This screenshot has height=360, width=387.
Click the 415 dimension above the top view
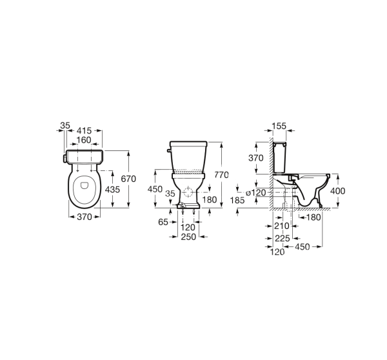click(84, 130)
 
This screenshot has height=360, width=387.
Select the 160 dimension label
click(84, 140)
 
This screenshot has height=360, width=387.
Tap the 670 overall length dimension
click(128, 179)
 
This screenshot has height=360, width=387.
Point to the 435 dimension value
click(112, 190)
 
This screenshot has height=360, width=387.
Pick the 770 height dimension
click(221, 175)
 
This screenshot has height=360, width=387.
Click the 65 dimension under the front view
click(163, 222)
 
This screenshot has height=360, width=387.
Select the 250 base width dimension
click(188, 237)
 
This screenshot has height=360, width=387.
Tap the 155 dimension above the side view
click(279, 126)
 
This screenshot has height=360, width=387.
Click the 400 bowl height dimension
click(338, 191)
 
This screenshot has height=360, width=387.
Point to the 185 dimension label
click(237, 200)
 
